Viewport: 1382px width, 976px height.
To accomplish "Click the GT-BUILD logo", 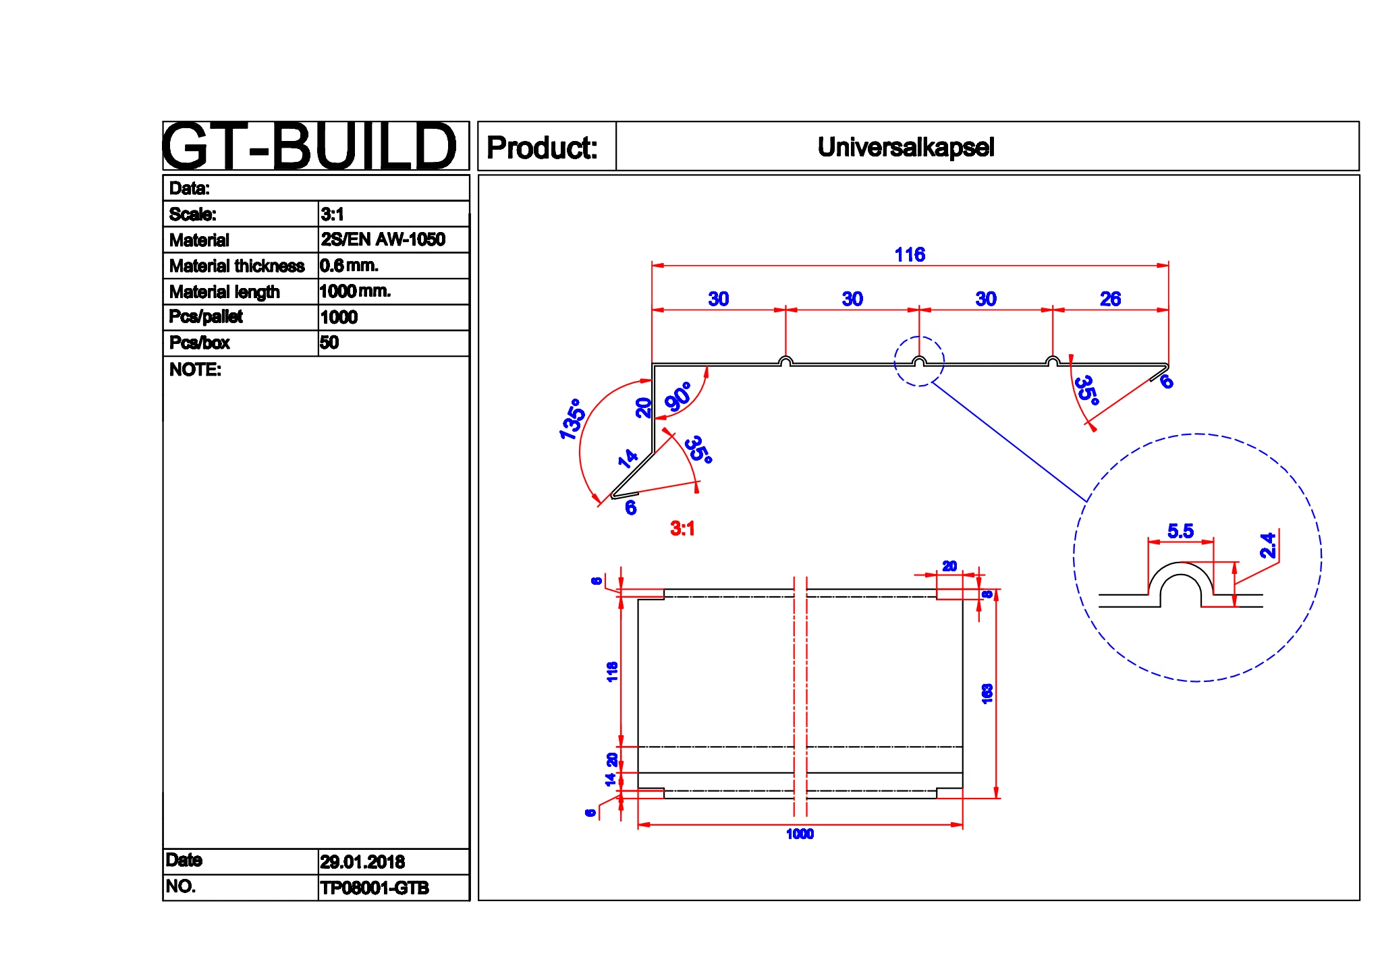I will [x=309, y=146].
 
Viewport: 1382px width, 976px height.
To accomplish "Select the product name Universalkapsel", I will [x=906, y=147].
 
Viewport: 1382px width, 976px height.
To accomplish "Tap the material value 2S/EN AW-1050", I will [x=383, y=239].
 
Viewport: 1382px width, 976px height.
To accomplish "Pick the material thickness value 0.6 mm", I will [x=348, y=266].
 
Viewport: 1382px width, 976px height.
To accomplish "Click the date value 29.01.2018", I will [x=362, y=862].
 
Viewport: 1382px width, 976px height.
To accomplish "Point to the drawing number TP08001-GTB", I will [x=374, y=888].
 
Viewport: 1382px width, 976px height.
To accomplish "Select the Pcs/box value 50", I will [x=329, y=343].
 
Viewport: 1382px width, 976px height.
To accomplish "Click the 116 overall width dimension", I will [x=910, y=255].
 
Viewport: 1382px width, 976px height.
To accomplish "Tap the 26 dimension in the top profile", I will [x=1110, y=299].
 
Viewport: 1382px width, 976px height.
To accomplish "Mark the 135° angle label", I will [x=572, y=419].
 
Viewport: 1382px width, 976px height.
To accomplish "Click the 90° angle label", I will [x=678, y=397].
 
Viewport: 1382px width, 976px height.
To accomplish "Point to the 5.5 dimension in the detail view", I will [x=1180, y=532].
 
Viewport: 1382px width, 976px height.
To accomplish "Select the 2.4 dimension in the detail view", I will [x=1268, y=545].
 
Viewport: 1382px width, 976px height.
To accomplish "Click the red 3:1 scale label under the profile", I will [x=682, y=528].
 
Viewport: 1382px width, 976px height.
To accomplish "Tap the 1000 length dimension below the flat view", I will [x=800, y=834].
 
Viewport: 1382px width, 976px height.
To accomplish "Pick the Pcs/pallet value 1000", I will [x=339, y=317].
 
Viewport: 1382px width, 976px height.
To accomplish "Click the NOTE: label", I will [x=195, y=370].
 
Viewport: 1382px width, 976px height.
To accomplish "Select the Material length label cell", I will [x=225, y=292].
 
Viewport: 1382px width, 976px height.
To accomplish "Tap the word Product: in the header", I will [x=542, y=148].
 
